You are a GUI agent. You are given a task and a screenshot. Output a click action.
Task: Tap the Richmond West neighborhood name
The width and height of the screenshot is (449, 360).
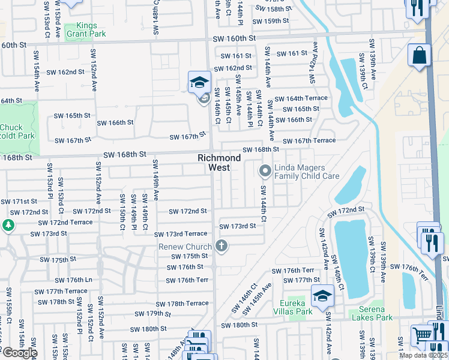click(x=220, y=163)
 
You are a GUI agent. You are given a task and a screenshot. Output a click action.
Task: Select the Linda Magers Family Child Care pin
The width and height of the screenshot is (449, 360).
click(x=265, y=172)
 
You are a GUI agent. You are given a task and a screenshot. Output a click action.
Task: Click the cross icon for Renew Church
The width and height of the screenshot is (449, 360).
click(x=221, y=246)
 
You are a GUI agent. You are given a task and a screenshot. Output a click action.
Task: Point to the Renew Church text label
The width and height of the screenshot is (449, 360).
click(x=185, y=247)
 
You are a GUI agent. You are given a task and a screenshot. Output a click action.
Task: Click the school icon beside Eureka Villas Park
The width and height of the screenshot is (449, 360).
click(x=322, y=295)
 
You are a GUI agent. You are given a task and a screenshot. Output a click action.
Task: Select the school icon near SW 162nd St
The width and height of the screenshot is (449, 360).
click(x=199, y=82)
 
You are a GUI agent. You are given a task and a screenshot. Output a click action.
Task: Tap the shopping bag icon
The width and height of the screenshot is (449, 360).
click(x=420, y=55)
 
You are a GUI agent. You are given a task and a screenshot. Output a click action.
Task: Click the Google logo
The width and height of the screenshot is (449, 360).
click(x=19, y=353)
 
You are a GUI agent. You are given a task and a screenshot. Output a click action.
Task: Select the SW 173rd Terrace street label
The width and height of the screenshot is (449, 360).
click(x=180, y=235)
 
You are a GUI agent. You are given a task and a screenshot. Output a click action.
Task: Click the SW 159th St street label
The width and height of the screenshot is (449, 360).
click(x=271, y=21)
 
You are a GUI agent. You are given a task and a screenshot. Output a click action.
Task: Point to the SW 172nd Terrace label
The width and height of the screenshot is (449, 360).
click(x=65, y=222)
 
